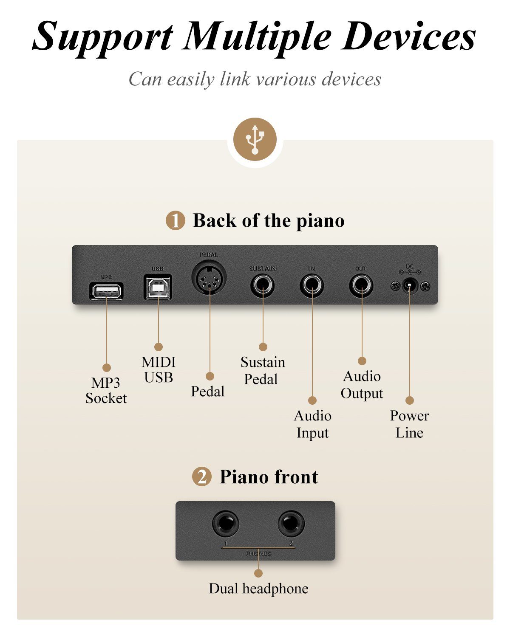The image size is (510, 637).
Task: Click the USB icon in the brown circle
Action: point(255,139)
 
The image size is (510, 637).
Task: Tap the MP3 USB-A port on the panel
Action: point(106,291)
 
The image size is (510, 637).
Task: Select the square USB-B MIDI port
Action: point(158,287)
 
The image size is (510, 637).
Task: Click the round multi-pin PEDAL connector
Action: point(209,279)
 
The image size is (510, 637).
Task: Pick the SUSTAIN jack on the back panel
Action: point(263,286)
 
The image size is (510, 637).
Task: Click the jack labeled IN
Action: point(312,286)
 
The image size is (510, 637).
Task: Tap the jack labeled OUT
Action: point(361,286)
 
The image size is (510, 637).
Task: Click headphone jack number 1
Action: point(225,523)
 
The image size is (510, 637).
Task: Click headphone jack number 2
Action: point(291,523)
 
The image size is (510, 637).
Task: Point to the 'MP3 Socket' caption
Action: point(106,390)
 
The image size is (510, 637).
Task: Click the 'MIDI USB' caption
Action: point(159,369)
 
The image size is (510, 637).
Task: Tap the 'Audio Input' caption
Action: point(312,424)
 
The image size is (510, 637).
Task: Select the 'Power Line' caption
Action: point(409,424)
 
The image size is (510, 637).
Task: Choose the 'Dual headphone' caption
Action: point(258,589)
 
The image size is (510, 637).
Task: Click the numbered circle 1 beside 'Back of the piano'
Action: point(176,221)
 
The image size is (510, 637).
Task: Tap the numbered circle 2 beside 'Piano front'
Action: point(202,477)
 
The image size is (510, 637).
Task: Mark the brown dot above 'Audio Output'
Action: point(362,361)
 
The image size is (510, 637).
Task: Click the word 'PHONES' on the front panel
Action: point(258,554)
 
